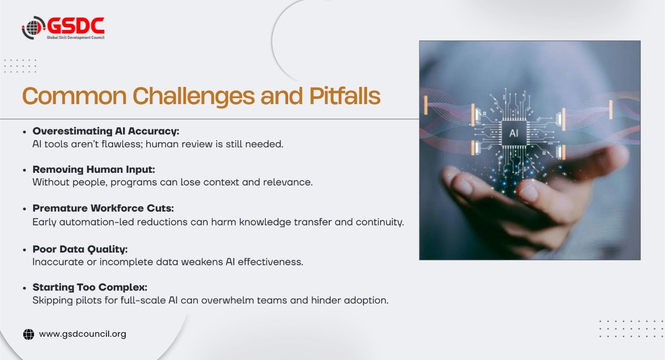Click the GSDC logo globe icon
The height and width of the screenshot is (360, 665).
tap(33, 28)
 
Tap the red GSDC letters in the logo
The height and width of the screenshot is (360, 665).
tap(75, 25)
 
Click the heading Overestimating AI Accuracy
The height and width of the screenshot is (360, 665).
tap(106, 131)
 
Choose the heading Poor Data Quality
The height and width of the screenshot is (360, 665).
tap(80, 249)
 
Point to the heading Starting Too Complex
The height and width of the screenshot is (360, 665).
tap(89, 288)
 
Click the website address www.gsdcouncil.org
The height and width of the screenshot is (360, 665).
tap(83, 334)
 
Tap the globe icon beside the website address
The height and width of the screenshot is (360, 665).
tap(29, 334)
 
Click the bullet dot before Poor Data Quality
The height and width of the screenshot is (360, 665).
tap(24, 250)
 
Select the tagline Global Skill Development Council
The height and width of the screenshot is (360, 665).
tap(75, 37)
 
